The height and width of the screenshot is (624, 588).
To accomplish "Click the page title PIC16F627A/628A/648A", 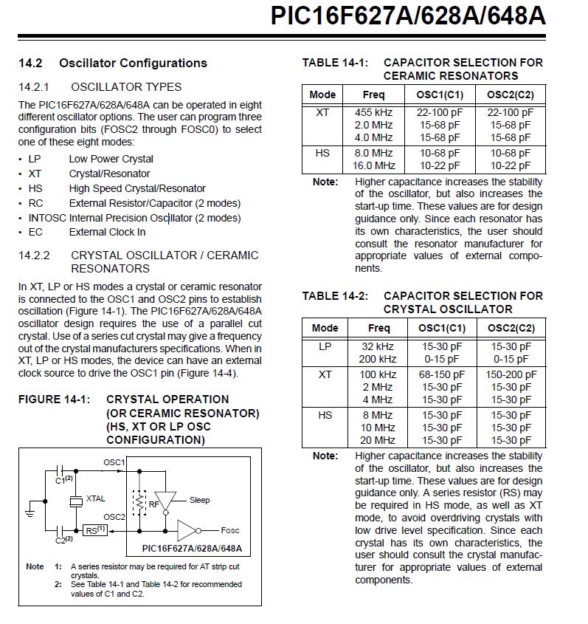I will point(408,16).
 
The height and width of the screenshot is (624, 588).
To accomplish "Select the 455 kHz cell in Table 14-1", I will point(373,113).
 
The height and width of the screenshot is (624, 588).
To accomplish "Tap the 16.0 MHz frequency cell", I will point(373,165).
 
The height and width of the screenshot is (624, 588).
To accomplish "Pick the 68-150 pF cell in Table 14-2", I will point(442,374).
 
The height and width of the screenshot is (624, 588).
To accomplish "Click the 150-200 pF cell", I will point(511,374).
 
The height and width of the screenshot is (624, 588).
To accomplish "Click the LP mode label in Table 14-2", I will point(325,346).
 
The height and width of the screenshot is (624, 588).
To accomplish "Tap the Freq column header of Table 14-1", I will point(373,95).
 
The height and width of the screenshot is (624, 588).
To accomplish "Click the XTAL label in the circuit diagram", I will point(96,499).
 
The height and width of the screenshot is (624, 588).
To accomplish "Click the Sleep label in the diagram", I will point(199,500).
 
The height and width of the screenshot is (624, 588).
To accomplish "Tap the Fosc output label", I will point(230,530).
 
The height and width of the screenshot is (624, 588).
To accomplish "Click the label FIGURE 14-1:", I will point(54,400).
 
